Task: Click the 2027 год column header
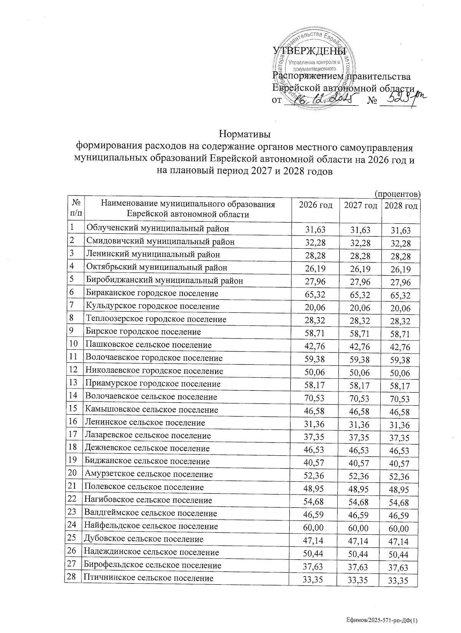[x=360, y=205]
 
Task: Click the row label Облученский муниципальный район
[x=158, y=229]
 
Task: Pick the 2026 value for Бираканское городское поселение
[x=315, y=294]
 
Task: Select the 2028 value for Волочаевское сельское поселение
[x=400, y=400]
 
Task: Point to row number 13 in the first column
[x=73, y=383]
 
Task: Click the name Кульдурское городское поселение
[x=153, y=306]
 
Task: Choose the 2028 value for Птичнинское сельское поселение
[x=400, y=581]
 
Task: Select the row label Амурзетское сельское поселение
[x=149, y=474]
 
